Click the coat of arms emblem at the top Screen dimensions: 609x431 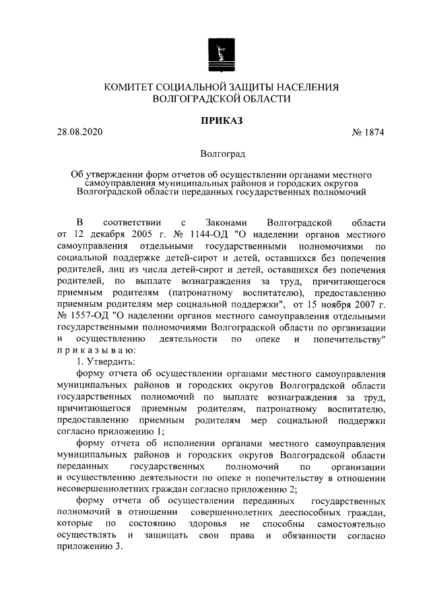tap(222, 55)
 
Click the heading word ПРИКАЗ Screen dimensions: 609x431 tap(221, 120)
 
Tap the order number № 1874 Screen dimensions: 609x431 tap(368, 133)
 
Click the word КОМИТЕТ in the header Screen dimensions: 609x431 tap(135, 87)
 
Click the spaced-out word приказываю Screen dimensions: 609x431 tap(97, 351)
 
